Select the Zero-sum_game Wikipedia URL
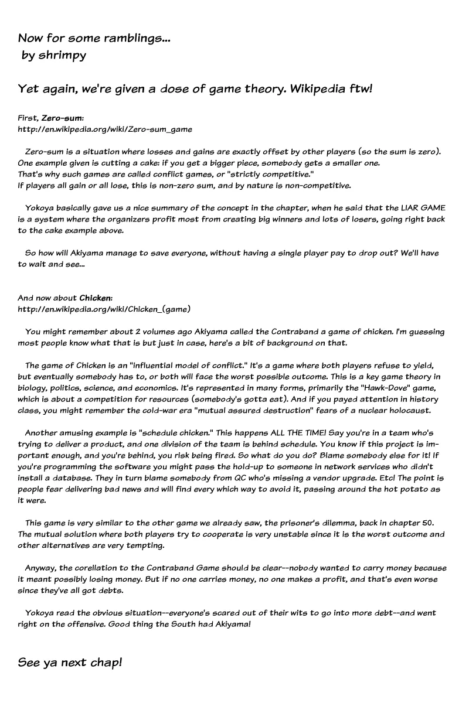pos(105,129)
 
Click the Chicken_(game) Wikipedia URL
pos(104,309)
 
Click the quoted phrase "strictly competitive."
pos(285,175)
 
